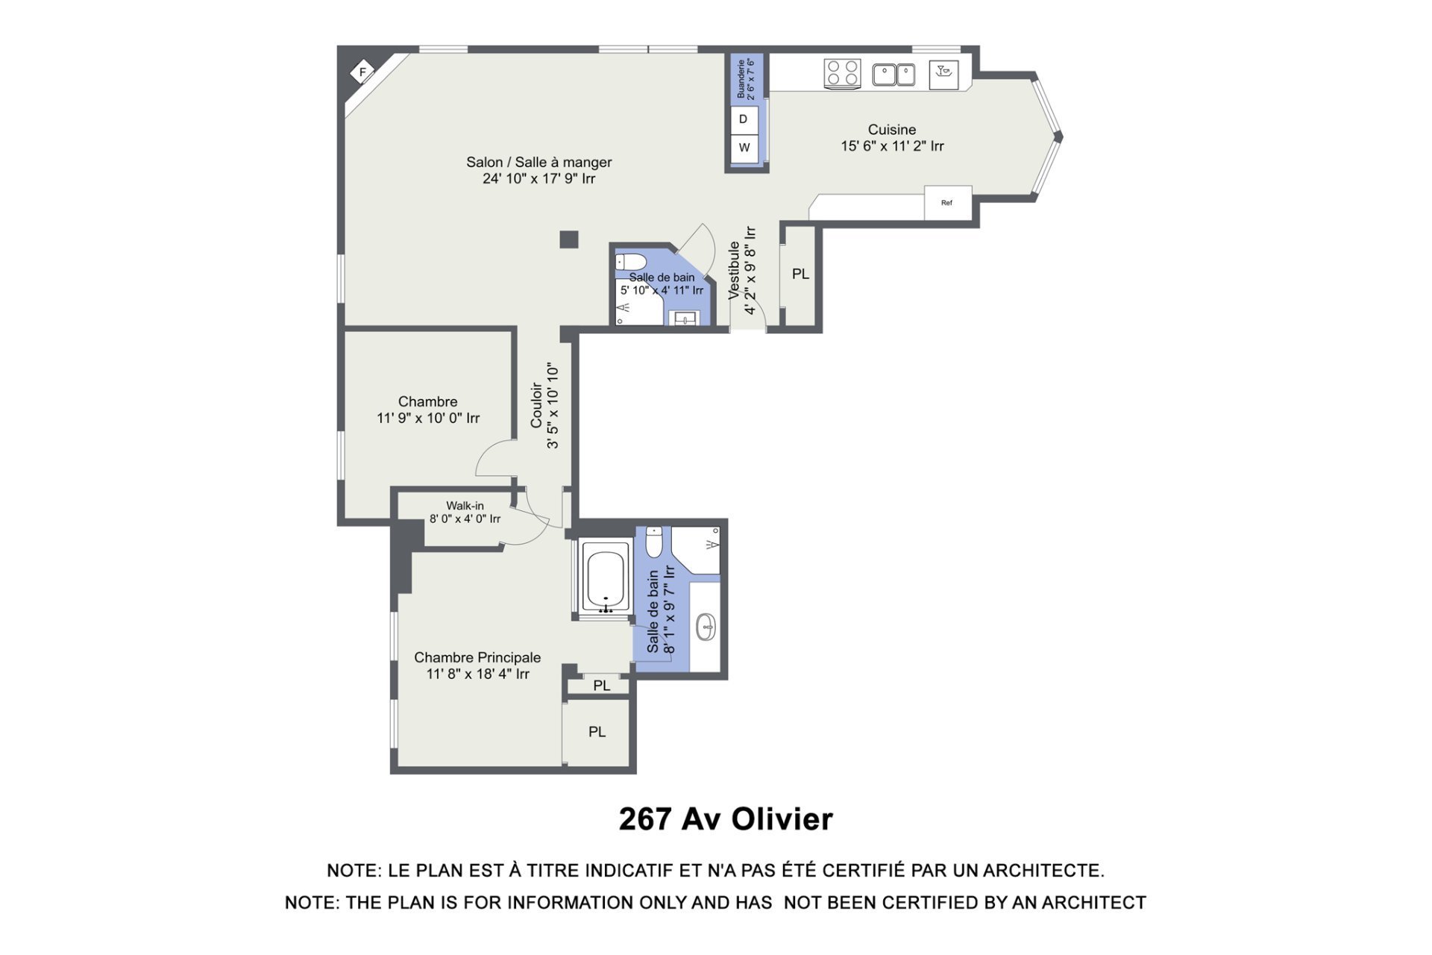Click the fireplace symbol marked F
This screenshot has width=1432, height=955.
(362, 72)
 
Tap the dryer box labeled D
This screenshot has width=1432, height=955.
(744, 119)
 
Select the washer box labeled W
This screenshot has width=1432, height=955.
(744, 148)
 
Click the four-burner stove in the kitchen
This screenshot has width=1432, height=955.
(842, 75)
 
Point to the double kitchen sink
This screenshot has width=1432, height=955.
(894, 75)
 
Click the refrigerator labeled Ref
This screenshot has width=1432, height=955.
(948, 202)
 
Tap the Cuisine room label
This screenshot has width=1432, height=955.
(892, 130)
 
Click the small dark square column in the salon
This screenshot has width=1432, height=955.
(569, 239)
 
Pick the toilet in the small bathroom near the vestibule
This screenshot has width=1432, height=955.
(630, 262)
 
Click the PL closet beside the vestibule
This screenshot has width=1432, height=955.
(800, 274)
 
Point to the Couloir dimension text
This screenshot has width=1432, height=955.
(553, 406)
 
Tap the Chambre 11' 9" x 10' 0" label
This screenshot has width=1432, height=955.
(428, 410)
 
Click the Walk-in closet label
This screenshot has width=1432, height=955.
(465, 506)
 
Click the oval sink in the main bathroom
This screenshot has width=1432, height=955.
(706, 627)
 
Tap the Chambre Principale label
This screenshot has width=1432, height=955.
(477, 657)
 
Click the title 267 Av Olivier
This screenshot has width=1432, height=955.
(726, 819)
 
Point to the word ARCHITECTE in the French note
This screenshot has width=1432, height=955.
(1043, 871)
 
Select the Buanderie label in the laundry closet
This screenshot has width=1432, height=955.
(741, 79)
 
